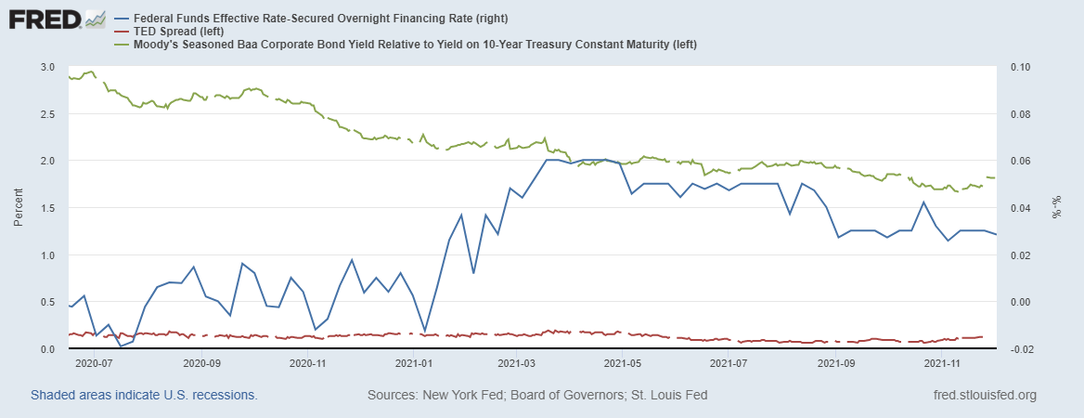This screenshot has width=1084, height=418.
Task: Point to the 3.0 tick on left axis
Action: tap(46, 68)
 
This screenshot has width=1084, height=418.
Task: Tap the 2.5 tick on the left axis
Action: tap(46, 114)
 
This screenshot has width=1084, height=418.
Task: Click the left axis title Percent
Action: tap(18, 208)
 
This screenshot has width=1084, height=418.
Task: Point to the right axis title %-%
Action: tap(1055, 208)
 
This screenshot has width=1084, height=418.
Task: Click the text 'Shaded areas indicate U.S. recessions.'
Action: tap(144, 396)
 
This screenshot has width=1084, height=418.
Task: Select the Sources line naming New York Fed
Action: tap(537, 396)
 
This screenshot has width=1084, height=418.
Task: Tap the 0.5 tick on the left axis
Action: tap(46, 302)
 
